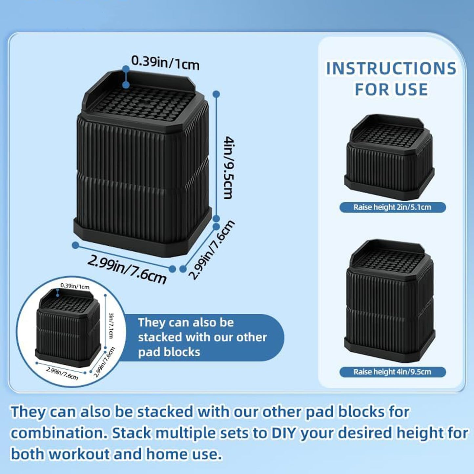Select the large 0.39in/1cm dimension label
(165, 63)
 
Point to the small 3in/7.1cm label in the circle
(111, 325)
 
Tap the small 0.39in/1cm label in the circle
(75, 286)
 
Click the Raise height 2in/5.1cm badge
(393, 207)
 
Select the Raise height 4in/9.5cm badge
(393, 372)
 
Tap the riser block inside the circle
(68, 328)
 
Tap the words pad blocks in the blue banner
(169, 352)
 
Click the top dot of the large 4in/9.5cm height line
(216, 94)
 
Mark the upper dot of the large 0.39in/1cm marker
(126, 69)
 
